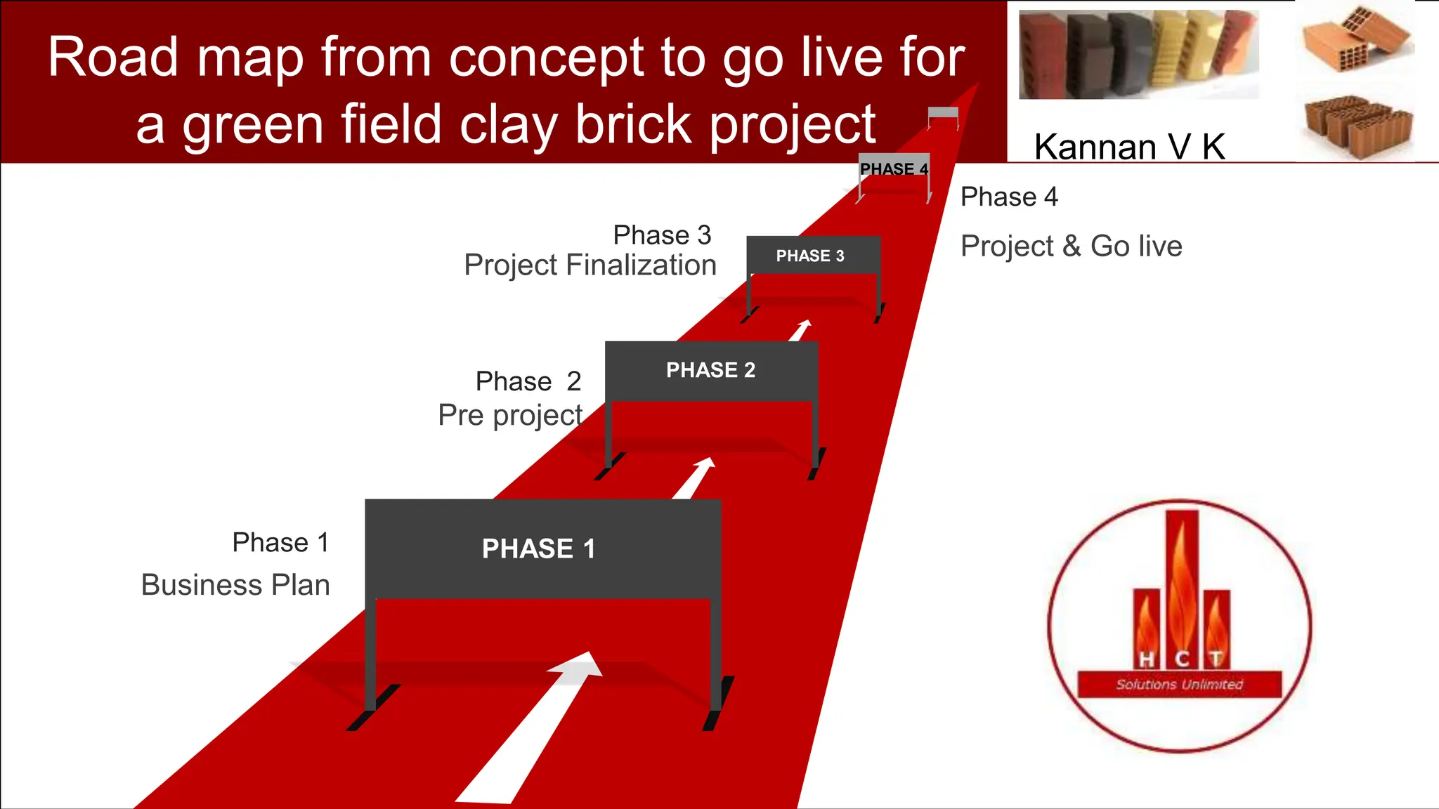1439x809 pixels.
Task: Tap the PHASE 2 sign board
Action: pyautogui.click(x=711, y=370)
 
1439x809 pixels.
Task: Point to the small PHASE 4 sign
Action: pyautogui.click(x=894, y=169)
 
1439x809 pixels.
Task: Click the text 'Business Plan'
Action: pyautogui.click(x=235, y=585)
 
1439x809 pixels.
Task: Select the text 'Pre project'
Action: pyautogui.click(x=510, y=415)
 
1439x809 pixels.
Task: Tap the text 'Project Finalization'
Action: pyautogui.click(x=590, y=265)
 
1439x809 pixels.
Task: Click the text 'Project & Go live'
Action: pyautogui.click(x=1071, y=246)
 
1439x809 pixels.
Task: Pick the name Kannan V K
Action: pyautogui.click(x=1129, y=147)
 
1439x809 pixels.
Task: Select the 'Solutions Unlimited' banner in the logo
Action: pyautogui.click(x=1179, y=684)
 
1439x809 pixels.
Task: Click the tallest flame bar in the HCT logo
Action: pyautogui.click(x=1181, y=583)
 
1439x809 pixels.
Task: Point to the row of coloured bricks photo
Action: pyautogui.click(x=1138, y=54)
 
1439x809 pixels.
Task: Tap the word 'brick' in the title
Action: pyautogui.click(x=633, y=124)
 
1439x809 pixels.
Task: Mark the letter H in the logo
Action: pyautogui.click(x=1146, y=659)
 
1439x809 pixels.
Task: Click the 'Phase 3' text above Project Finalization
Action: pyautogui.click(x=662, y=235)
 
